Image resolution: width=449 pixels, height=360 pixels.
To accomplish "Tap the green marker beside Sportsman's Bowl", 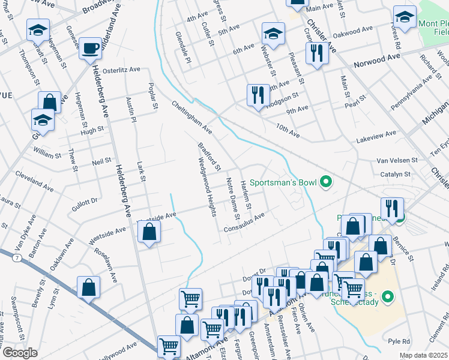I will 326,181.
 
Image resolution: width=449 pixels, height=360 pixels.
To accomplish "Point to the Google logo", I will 20,353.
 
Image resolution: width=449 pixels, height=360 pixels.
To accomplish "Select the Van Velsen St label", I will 397,160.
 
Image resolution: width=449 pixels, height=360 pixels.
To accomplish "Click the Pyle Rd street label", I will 399,341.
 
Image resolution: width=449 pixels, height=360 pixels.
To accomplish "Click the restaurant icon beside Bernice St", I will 393,209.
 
